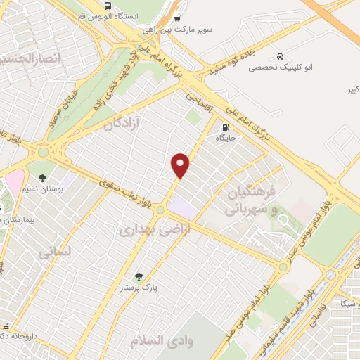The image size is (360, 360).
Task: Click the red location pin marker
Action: click(181, 165)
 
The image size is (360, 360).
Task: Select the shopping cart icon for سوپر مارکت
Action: click(177, 19)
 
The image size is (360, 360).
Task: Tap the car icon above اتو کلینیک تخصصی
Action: click(281, 56)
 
